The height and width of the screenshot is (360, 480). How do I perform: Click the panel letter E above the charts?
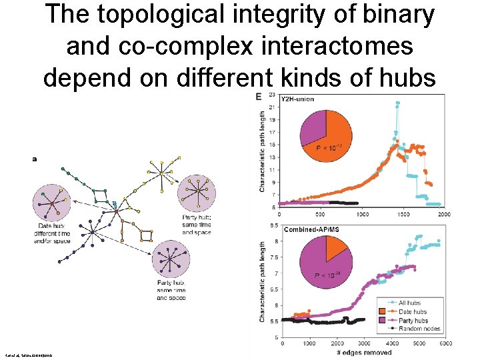point(259,97)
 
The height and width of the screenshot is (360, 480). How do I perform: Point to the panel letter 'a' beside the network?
point(35,159)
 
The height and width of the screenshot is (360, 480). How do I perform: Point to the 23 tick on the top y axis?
point(272,95)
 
